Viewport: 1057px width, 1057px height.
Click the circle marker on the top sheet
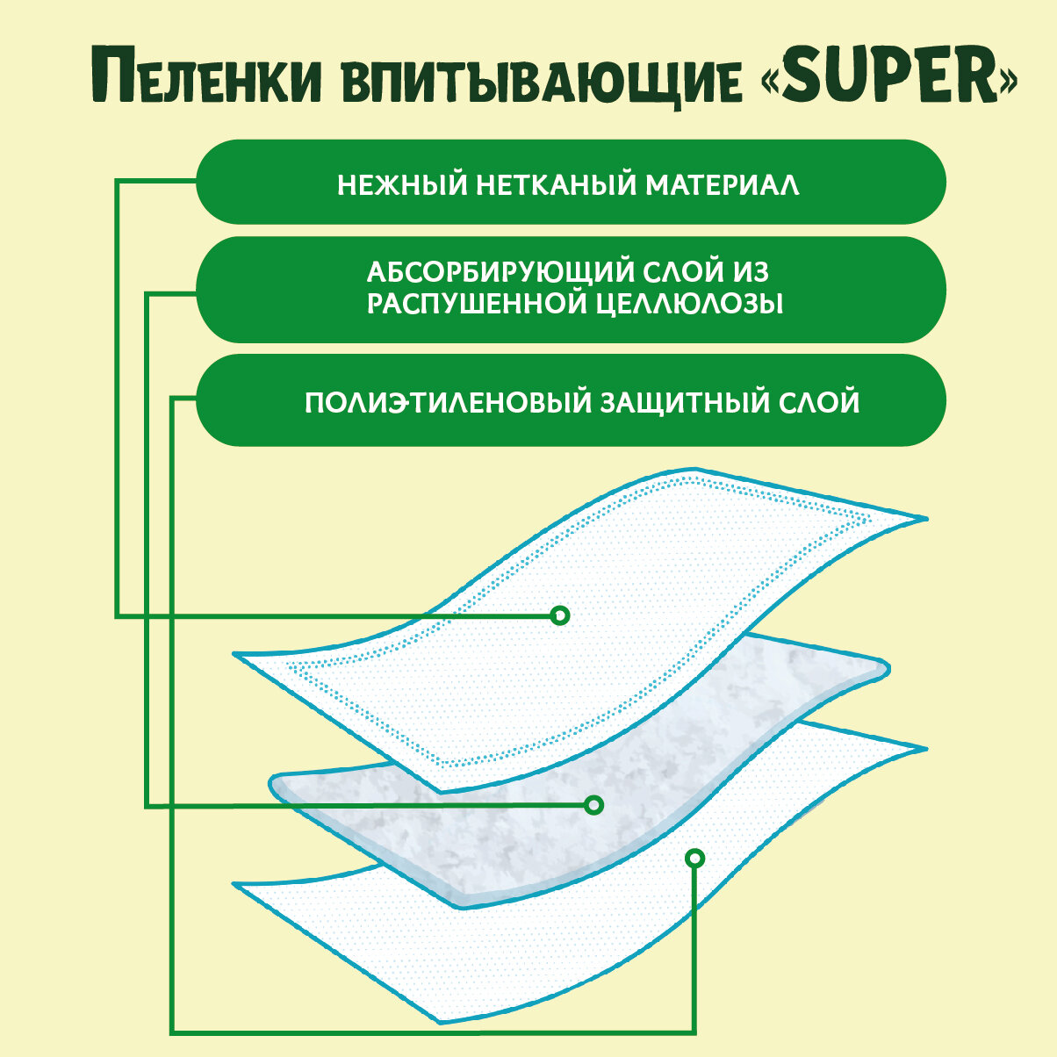[560, 615]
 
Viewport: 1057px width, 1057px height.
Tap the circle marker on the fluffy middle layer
[594, 804]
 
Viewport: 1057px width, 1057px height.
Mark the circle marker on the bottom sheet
[694, 857]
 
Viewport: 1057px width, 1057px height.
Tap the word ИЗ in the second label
[752, 270]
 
